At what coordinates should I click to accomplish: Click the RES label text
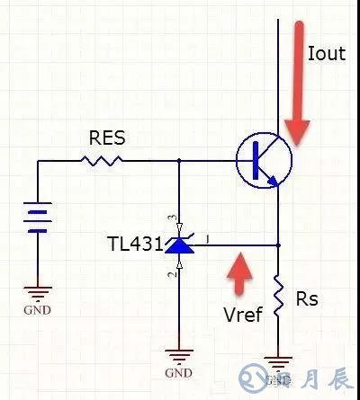[x=107, y=139]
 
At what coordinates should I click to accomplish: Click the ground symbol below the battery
[x=38, y=293]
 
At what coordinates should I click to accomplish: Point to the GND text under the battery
[x=38, y=311]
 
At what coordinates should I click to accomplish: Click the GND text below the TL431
[x=179, y=372]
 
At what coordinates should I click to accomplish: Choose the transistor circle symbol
[x=264, y=160]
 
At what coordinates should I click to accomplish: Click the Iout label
[x=326, y=54]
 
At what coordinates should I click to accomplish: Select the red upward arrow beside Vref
[x=238, y=275]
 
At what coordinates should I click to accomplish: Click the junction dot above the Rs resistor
[x=279, y=244]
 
